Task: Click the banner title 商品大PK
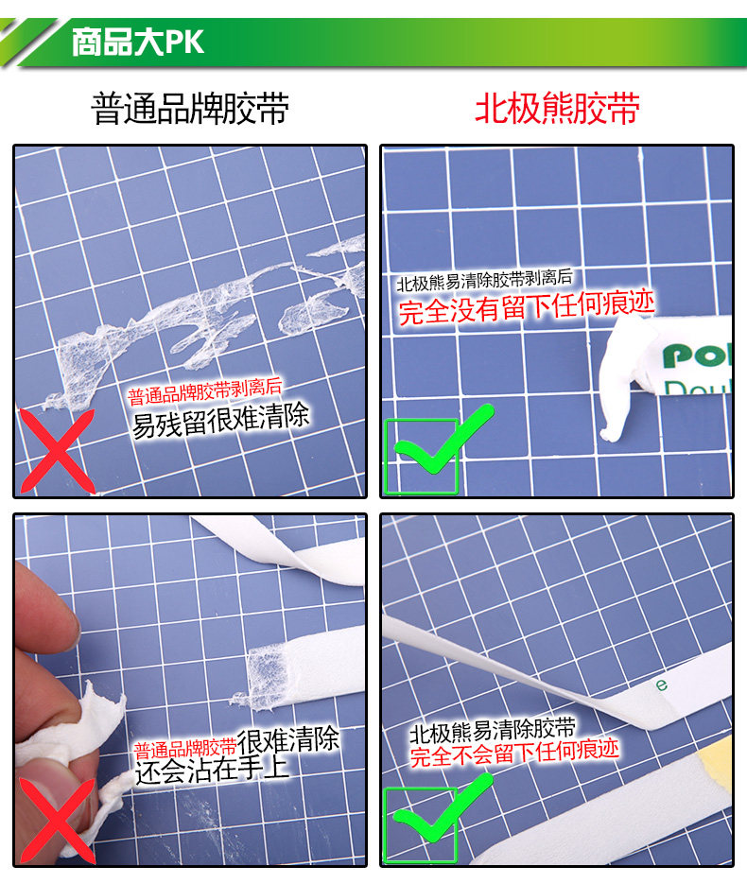(137, 42)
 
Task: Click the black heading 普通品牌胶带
(190, 108)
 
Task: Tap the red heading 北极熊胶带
(557, 108)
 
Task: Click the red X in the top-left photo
(57, 451)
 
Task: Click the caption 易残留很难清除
(220, 420)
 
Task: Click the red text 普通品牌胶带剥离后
(204, 391)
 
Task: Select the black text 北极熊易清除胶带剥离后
(484, 280)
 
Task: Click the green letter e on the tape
(661, 685)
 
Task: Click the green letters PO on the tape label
(696, 355)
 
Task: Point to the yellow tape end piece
(716, 767)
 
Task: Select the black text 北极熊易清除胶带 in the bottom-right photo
(493, 731)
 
